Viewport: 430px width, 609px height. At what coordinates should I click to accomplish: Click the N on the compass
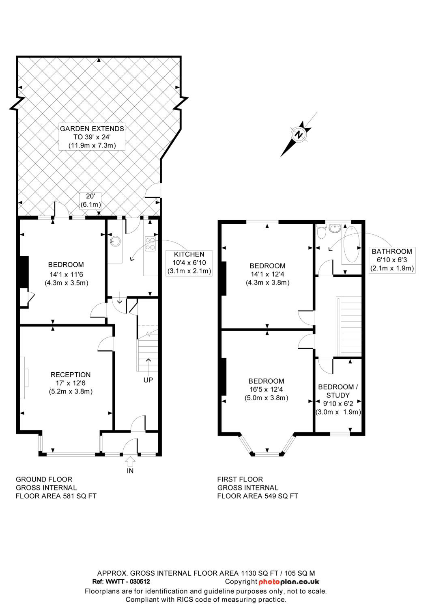click(299, 134)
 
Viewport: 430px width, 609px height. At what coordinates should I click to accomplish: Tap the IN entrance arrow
click(130, 461)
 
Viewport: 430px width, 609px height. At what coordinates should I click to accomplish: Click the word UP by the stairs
click(148, 380)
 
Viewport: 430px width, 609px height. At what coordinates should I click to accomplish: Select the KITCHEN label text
click(189, 254)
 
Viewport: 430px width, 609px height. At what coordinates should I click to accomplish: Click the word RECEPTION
click(71, 375)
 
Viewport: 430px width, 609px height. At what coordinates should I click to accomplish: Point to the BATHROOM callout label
click(392, 251)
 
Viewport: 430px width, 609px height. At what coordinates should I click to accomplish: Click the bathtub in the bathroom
click(352, 244)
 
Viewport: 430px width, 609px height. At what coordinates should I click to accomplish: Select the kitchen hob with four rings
click(150, 244)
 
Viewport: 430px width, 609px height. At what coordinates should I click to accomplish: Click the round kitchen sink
click(116, 241)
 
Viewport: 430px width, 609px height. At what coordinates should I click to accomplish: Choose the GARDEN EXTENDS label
click(92, 129)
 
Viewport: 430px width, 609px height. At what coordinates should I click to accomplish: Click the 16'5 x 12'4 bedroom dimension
click(266, 390)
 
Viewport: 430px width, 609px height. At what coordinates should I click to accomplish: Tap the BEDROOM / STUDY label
click(338, 391)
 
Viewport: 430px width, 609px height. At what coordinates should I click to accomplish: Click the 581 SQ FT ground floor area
click(80, 496)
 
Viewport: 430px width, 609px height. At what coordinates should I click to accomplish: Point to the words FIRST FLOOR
click(240, 479)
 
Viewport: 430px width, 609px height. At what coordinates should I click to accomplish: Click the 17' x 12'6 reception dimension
click(71, 383)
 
